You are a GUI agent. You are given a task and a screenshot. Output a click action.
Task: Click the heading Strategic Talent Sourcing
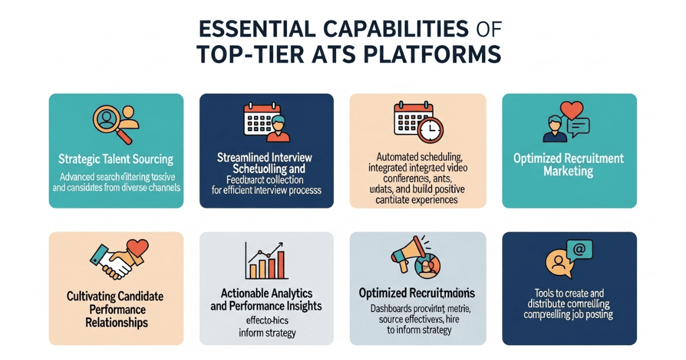pos(116,159)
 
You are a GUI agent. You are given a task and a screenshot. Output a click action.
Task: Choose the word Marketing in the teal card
pos(569,171)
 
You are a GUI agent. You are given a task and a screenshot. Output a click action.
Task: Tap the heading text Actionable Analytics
pos(266,293)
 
